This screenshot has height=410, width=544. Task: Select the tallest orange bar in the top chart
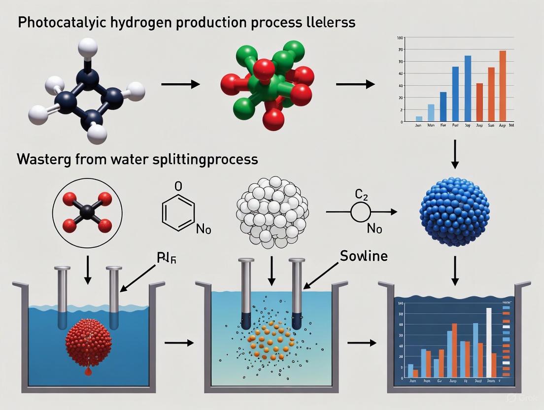[502, 86]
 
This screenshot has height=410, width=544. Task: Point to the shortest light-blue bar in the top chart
[419, 118]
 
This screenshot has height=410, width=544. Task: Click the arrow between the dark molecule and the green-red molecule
[180, 85]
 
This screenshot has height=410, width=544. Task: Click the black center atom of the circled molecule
[87, 213]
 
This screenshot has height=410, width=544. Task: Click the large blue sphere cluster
[454, 211]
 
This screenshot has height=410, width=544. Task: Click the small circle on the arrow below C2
[360, 212]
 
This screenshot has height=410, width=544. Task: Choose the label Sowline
[364, 256]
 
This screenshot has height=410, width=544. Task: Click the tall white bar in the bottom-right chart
[488, 342]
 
